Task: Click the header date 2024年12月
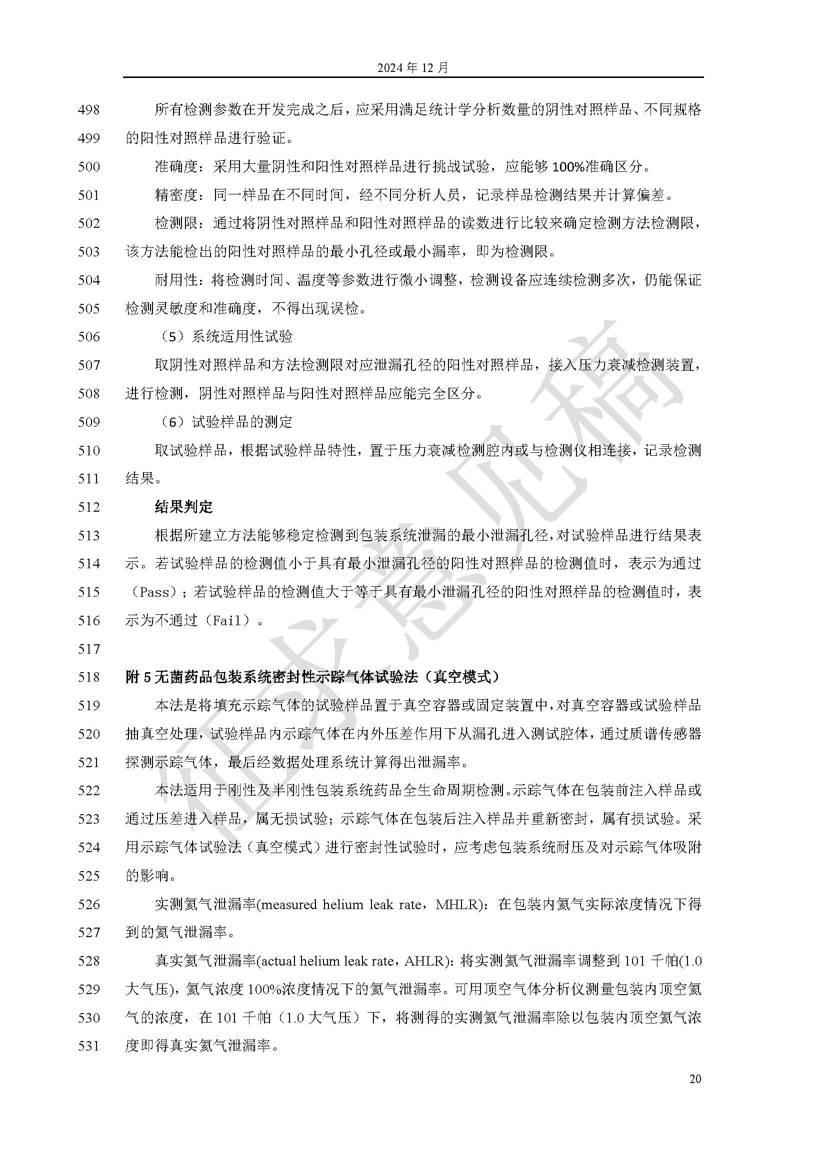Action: click(413, 67)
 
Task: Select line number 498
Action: click(88, 109)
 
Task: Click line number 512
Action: click(88, 507)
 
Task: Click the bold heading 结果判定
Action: click(184, 507)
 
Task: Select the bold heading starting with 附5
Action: click(312, 677)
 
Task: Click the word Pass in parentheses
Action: click(154, 592)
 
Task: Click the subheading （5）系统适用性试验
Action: click(224, 336)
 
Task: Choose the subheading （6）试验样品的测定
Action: click(224, 422)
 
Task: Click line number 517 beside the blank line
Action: click(88, 649)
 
